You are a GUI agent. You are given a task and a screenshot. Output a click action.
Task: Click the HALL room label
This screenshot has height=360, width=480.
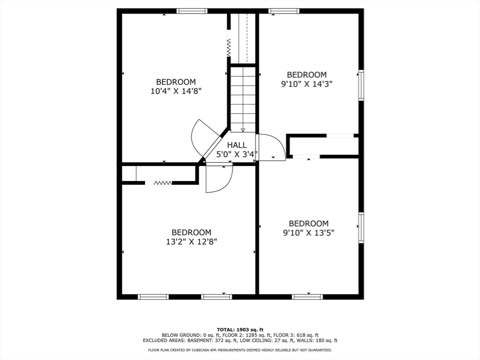237,145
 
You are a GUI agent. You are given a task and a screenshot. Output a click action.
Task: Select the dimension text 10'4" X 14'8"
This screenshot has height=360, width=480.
176,91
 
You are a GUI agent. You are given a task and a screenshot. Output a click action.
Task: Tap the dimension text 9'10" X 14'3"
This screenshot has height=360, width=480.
307,84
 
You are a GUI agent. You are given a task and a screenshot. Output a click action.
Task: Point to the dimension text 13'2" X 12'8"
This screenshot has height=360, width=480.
192,242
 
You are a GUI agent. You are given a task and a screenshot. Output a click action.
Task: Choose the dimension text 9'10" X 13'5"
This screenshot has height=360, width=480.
308,233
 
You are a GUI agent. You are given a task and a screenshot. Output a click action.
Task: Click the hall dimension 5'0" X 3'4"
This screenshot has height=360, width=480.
237,154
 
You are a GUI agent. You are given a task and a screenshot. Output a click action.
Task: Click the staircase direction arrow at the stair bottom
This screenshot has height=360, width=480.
243,130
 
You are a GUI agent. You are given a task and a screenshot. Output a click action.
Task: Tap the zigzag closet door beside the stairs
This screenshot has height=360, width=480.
228,47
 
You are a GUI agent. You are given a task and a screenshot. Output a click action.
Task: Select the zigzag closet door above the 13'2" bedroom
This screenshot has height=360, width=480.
163,183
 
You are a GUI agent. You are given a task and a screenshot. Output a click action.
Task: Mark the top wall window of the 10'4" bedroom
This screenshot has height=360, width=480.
192,11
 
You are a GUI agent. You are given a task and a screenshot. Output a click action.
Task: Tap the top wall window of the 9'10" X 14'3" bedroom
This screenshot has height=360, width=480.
284,11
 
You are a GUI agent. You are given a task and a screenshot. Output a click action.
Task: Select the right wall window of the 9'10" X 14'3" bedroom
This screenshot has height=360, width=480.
361,85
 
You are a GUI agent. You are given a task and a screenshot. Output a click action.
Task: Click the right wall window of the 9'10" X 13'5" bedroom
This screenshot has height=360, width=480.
361,228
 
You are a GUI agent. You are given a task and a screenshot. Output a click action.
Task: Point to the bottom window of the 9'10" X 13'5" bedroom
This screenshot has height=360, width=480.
307,297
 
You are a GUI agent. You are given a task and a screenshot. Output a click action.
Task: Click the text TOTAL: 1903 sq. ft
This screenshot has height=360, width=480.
240,330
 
